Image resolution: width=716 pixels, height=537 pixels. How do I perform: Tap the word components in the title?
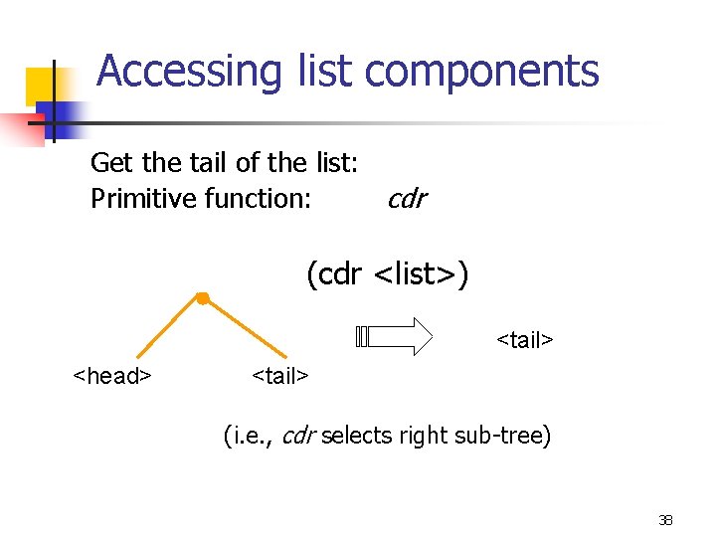coord(482,72)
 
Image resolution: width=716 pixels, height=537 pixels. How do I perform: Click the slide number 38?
coord(665,519)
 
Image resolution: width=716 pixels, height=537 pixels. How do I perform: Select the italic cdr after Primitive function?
coord(406,199)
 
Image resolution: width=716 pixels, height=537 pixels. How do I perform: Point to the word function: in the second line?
coord(258,199)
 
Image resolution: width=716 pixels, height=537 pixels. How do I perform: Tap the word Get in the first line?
coord(109,162)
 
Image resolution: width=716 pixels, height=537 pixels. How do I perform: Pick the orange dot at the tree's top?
coord(202,297)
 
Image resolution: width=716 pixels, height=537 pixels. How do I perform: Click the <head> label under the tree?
coord(111,376)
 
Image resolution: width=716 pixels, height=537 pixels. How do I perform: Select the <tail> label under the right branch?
coord(280,376)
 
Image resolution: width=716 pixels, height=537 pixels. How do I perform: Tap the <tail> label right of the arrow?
coord(524,340)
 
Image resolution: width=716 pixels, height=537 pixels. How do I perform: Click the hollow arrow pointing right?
coord(394,336)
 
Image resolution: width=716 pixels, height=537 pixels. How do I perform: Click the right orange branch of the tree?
coord(245,327)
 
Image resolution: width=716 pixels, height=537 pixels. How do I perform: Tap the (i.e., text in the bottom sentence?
coord(251,436)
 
